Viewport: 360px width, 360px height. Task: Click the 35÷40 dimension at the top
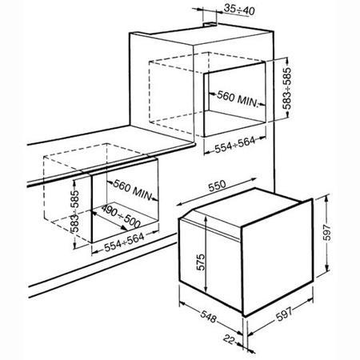239,10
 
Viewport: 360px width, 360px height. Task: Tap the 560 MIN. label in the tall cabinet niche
238,98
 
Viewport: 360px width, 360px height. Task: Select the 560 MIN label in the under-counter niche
133,190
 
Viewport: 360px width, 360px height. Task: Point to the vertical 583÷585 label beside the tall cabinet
287,88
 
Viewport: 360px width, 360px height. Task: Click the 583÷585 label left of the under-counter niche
74,211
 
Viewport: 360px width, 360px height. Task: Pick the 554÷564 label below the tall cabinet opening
234,145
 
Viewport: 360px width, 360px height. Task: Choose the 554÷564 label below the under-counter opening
124,242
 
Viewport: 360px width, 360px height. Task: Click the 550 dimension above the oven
217,186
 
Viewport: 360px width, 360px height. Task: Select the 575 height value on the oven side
201,262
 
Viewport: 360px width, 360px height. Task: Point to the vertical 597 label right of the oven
327,233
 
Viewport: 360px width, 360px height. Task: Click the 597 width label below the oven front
284,314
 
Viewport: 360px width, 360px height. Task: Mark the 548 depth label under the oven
208,316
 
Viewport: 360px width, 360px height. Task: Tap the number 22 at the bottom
229,339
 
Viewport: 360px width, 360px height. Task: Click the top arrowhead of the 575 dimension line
206,218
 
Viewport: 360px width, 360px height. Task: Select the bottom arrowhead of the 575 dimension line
206,290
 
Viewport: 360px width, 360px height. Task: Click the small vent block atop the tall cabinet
210,25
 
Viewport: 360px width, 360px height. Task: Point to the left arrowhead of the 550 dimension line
179,204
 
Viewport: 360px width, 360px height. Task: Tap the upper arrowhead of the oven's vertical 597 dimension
326,197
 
